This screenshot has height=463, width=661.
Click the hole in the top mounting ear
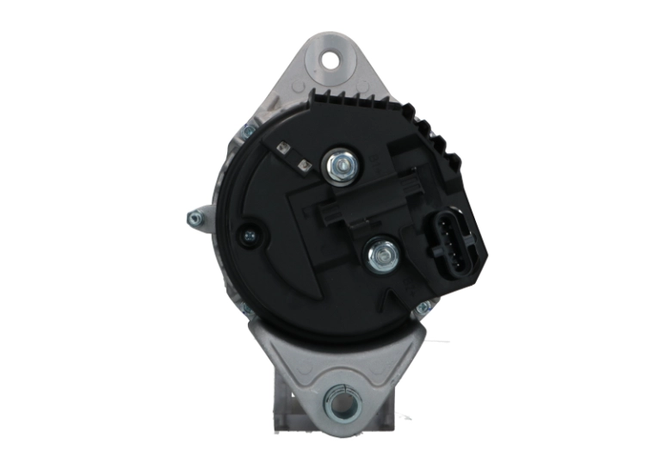[x=330, y=60]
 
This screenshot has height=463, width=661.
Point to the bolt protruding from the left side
[x=195, y=218]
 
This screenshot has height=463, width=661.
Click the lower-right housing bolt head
[x=423, y=307]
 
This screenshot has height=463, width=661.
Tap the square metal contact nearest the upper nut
[x=302, y=161]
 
